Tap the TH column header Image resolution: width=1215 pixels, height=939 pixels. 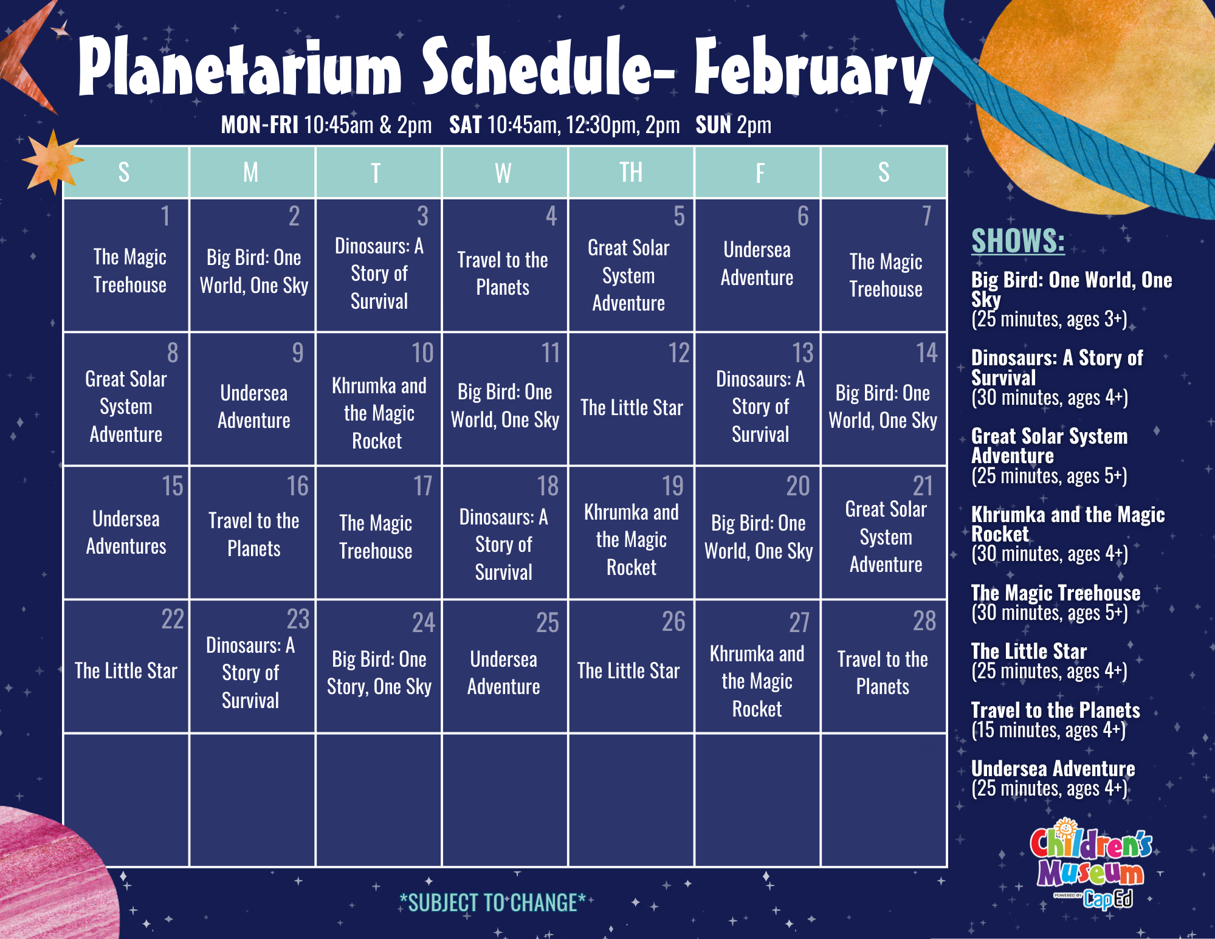631,173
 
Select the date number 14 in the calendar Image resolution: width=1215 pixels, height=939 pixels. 927,353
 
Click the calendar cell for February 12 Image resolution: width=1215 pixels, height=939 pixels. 631,399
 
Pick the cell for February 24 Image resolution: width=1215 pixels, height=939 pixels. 379,667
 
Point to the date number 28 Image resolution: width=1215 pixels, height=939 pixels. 924,621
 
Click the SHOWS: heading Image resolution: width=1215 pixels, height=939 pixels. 1018,241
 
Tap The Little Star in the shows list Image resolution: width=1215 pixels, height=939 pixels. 1029,652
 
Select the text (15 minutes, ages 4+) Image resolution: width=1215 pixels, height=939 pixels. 1048,730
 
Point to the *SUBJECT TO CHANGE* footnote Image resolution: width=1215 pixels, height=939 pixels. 492,903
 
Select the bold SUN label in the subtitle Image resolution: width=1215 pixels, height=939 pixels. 714,125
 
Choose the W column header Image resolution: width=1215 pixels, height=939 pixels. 503,173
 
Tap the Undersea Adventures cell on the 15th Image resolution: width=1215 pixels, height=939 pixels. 126,532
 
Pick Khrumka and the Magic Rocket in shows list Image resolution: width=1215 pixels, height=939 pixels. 1068,524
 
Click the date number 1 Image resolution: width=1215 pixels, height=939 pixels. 165,216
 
